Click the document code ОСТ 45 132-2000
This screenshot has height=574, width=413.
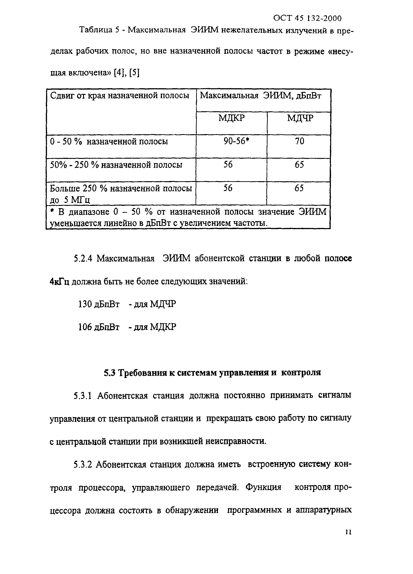coord(307,18)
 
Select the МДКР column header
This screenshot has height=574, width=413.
coord(231,118)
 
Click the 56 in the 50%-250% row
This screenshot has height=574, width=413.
coord(228,165)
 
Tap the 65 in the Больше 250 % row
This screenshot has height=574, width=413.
coord(299,188)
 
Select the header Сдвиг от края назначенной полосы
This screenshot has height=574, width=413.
coord(119,96)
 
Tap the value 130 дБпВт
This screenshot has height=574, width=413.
coord(99,304)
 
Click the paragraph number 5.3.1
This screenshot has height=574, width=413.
coord(82,396)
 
